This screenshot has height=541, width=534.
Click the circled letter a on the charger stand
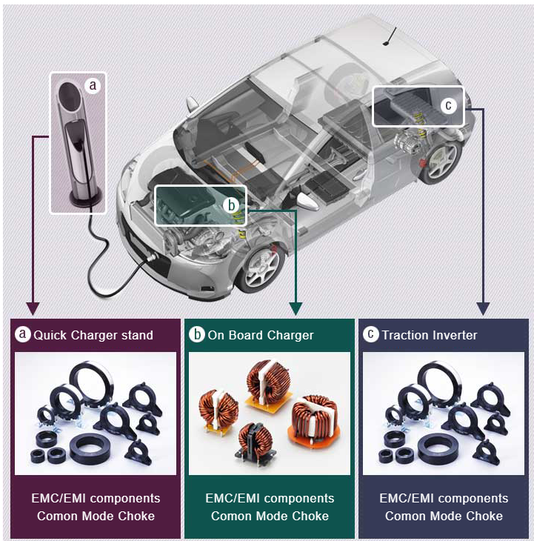93,86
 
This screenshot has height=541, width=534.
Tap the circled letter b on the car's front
231,204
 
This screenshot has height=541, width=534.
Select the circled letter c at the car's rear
448,106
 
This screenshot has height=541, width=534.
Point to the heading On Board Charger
261,335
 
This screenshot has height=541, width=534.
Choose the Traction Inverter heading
430,335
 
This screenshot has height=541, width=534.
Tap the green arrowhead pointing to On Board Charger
296,306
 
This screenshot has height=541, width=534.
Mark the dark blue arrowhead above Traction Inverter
484,306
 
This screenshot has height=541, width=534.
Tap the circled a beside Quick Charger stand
23,335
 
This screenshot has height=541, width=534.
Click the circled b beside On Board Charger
197,335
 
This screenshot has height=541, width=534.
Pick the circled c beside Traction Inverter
370,335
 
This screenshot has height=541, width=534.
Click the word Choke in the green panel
311,516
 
